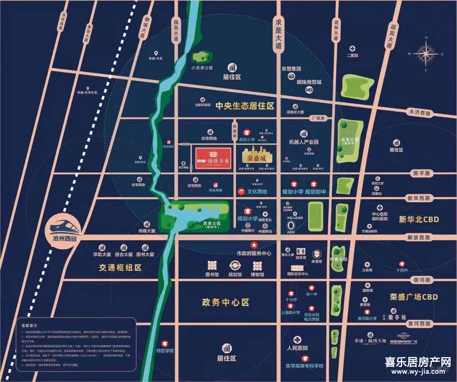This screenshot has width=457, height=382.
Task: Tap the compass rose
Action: point(426,54)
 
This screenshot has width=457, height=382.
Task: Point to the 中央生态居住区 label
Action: point(245,106)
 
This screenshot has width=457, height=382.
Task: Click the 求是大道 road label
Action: point(279,33)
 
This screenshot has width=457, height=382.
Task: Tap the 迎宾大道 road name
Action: point(390,36)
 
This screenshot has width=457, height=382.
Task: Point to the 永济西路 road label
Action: point(420,112)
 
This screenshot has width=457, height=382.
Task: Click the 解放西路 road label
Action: point(419,237)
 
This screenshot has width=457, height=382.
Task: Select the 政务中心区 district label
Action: point(225,302)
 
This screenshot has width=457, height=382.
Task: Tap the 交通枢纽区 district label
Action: point(120,268)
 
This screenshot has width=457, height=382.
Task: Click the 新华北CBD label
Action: point(419,219)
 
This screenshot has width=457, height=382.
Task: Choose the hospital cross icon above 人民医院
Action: point(298,340)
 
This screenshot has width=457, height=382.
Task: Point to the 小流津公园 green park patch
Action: point(202,56)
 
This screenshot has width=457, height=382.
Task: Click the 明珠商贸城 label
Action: point(309,82)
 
